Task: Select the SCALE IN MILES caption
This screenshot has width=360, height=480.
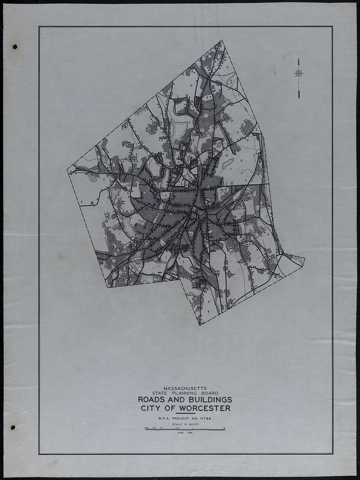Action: pyautogui.click(x=184, y=424)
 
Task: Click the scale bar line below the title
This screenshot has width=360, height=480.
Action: pyautogui.click(x=184, y=429)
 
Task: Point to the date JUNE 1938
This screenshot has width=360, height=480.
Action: pyautogui.click(x=184, y=433)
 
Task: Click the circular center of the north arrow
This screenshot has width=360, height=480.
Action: pyautogui.click(x=298, y=73)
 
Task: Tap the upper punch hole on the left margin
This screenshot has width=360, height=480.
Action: pyautogui.click(x=14, y=47)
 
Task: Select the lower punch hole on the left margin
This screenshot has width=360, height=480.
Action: pyautogui.click(x=13, y=428)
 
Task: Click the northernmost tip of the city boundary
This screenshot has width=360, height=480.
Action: pyautogui.click(x=221, y=40)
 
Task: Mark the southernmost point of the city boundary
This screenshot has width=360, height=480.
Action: pyautogui.click(x=200, y=325)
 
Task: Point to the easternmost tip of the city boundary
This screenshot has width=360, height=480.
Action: pyautogui.click(x=305, y=260)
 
